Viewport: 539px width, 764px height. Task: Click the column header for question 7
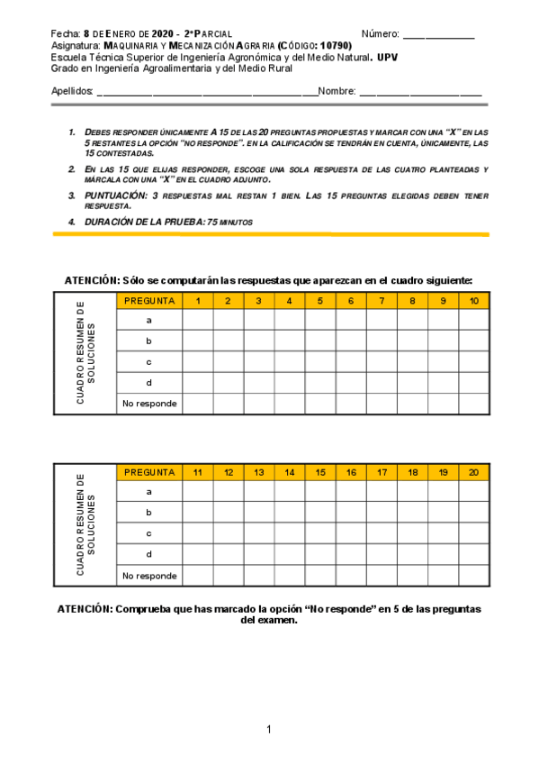pyautogui.click(x=382, y=301)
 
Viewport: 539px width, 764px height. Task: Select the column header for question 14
pyautogui.click(x=290, y=472)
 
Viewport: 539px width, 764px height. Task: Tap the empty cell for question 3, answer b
pyautogui.click(x=259, y=341)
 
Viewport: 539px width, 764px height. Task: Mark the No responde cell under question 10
pyautogui.click(x=474, y=403)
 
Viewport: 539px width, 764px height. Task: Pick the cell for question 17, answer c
pyautogui.click(x=382, y=533)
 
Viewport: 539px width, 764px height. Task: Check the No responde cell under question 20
pyautogui.click(x=474, y=576)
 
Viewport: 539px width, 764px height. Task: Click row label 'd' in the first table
pyautogui.click(x=149, y=382)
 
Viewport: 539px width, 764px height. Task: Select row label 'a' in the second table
pyautogui.click(x=149, y=492)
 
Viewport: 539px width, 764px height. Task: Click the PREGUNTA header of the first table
pyautogui.click(x=149, y=301)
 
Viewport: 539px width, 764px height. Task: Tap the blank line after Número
pyautogui.click(x=438, y=35)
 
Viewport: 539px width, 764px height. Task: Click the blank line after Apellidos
pyautogui.click(x=207, y=92)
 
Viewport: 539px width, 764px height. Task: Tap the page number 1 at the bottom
pyautogui.click(x=269, y=729)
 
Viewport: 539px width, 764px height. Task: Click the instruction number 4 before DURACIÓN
pyautogui.click(x=71, y=222)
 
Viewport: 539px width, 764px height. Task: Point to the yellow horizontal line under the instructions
pyautogui.click(x=271, y=234)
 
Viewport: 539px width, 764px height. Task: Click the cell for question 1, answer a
pyautogui.click(x=198, y=321)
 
